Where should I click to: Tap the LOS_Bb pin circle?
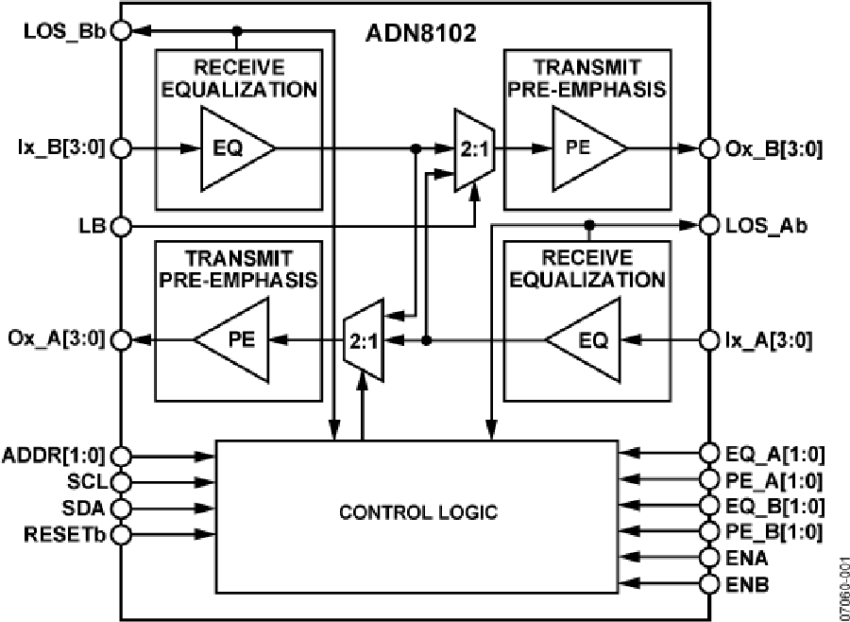tap(121, 30)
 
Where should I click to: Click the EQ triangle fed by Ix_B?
tap(231, 148)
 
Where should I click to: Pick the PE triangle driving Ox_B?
tap(584, 148)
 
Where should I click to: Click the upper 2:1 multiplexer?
tap(469, 148)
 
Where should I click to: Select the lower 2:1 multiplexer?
tap(362, 339)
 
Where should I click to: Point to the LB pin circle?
tap(121, 227)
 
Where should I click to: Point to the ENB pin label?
tap(747, 585)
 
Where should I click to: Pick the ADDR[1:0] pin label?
tap(58, 457)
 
